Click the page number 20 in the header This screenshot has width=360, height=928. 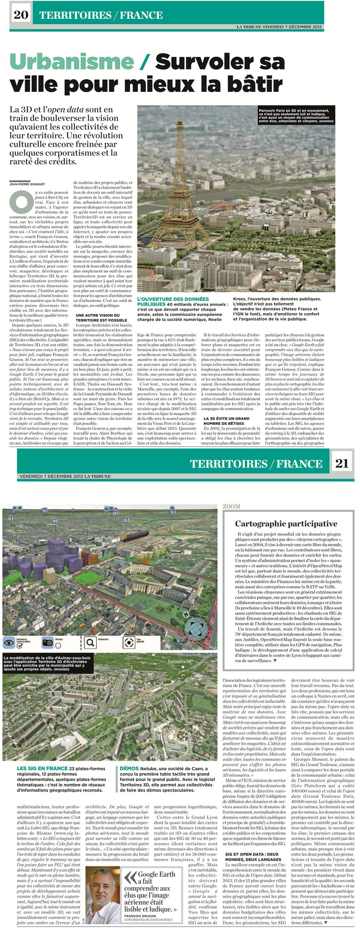pyautogui.click(x=21, y=14)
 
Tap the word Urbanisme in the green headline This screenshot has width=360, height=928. pyautogui.click(x=72, y=62)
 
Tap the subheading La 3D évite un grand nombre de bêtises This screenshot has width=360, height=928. pyautogui.click(x=226, y=421)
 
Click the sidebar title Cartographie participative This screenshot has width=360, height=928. pyautogui.click(x=286, y=524)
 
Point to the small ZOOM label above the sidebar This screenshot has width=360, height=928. pyautogui.click(x=231, y=506)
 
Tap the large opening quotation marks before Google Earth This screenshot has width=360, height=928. pyautogui.click(x=130, y=877)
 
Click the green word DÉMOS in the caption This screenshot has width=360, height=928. pyautogui.click(x=129, y=768)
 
